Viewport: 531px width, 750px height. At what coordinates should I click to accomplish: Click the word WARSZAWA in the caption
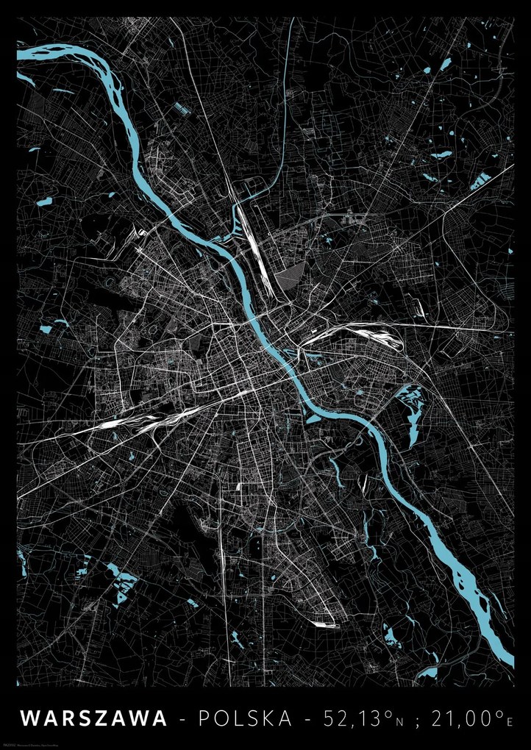[x=94, y=718]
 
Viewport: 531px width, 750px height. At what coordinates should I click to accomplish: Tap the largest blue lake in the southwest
[x=122, y=580]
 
